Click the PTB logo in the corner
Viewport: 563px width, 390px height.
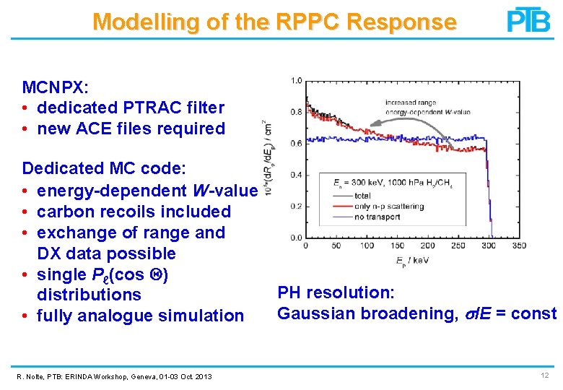click(528, 20)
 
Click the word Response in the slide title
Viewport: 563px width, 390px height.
click(401, 22)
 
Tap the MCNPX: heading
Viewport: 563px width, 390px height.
click(56, 87)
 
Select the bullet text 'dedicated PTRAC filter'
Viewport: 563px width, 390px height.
click(130, 108)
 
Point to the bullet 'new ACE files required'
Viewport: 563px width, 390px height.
click(131, 129)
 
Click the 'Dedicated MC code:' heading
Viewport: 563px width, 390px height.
click(104, 168)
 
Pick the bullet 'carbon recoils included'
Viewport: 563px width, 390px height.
click(134, 212)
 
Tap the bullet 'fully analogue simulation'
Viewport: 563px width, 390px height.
click(140, 316)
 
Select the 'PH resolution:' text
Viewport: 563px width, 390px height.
click(336, 292)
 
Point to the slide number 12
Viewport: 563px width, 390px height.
click(544, 376)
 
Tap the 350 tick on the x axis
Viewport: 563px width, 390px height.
click(518, 246)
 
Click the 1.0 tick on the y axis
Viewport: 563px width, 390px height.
click(296, 80)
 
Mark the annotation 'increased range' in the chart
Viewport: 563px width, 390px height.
click(409, 103)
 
